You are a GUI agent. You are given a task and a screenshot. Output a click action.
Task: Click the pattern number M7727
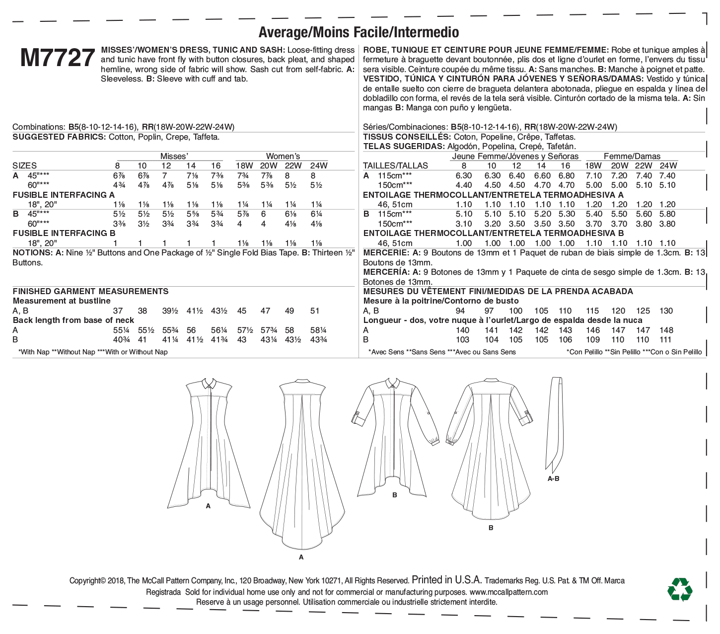coord(58,59)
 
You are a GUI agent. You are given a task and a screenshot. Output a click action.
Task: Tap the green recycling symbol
coord(680,590)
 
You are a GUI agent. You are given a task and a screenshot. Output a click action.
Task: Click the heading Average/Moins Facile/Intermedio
coord(359,32)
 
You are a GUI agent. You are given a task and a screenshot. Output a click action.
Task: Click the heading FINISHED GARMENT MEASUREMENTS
coord(90,291)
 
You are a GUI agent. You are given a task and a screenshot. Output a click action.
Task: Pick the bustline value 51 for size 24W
coord(314,311)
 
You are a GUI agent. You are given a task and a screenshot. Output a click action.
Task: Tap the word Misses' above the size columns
coord(174,156)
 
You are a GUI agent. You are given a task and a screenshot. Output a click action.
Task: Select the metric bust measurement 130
coord(666,311)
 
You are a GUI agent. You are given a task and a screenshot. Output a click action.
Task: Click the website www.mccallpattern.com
coord(508,592)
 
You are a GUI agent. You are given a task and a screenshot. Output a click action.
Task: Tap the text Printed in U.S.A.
coord(447,580)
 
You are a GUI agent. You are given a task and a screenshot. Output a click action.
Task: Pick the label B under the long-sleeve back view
coord(491,528)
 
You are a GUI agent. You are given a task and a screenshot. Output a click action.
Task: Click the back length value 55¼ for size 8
coord(117,330)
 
